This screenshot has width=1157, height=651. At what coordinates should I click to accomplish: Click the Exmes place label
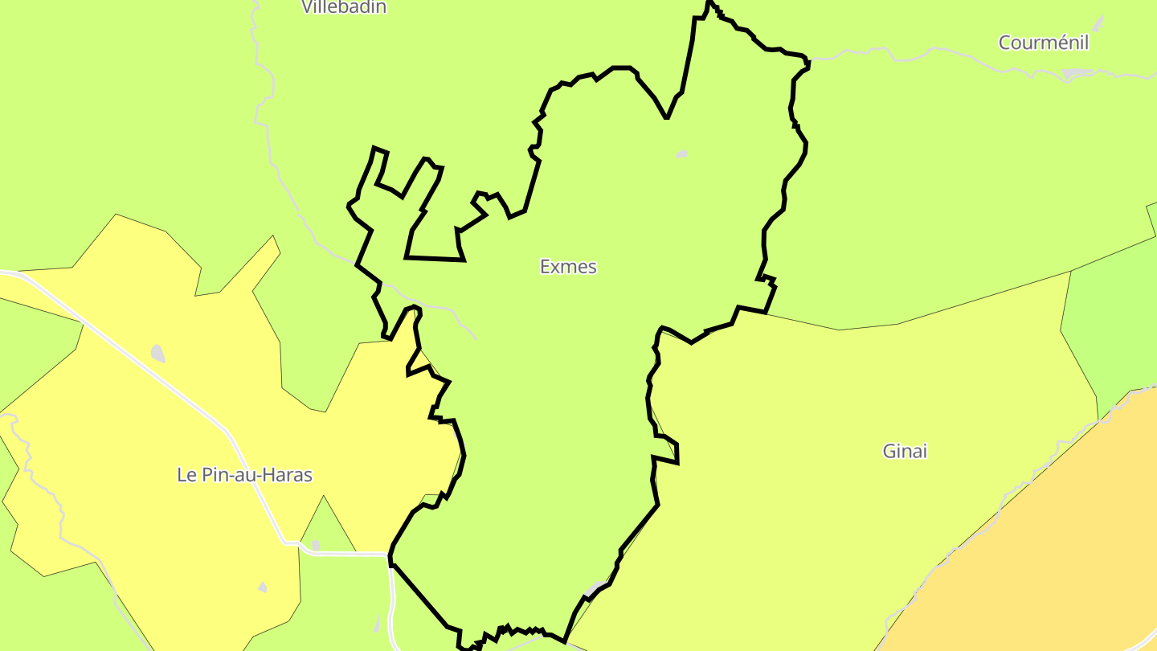click(x=568, y=267)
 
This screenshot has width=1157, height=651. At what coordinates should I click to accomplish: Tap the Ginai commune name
click(x=905, y=452)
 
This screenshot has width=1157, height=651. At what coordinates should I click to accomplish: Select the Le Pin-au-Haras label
click(x=244, y=475)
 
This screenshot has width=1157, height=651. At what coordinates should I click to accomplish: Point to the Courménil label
click(x=1043, y=43)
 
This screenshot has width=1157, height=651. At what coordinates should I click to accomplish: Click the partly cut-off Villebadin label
click(x=344, y=7)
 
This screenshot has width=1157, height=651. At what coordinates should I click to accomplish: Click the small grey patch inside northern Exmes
click(x=681, y=154)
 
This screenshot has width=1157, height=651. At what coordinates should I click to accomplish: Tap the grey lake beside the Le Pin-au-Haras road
click(x=157, y=354)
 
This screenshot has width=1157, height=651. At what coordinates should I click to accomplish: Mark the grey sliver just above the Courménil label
click(x=1098, y=23)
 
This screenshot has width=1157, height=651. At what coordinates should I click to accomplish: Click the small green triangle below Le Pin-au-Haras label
click(x=325, y=526)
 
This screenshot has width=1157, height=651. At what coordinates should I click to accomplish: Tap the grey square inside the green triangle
click(x=316, y=545)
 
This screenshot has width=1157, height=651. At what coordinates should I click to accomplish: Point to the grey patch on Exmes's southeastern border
click(x=595, y=589)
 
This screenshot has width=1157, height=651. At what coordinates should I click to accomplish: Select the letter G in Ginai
click(x=889, y=452)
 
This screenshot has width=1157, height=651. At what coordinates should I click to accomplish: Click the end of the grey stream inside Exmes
click(x=476, y=338)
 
